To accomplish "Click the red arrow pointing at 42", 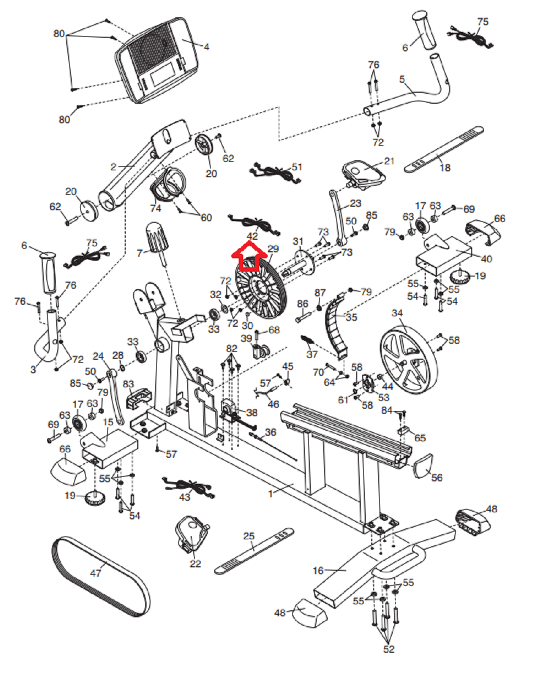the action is pyautogui.click(x=249, y=256).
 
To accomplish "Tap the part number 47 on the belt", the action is pyautogui.click(x=95, y=573).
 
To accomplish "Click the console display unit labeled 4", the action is pyautogui.click(x=156, y=60).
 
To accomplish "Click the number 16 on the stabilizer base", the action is pyautogui.click(x=318, y=571).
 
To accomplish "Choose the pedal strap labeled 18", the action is pyautogui.click(x=444, y=149).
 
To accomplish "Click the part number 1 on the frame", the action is pyautogui.click(x=271, y=494).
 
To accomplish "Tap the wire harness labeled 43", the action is pyautogui.click(x=188, y=487).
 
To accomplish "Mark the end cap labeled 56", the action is pyautogui.click(x=423, y=466).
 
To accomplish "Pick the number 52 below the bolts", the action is pyautogui.click(x=389, y=649).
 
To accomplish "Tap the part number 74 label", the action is pyautogui.click(x=155, y=208).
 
